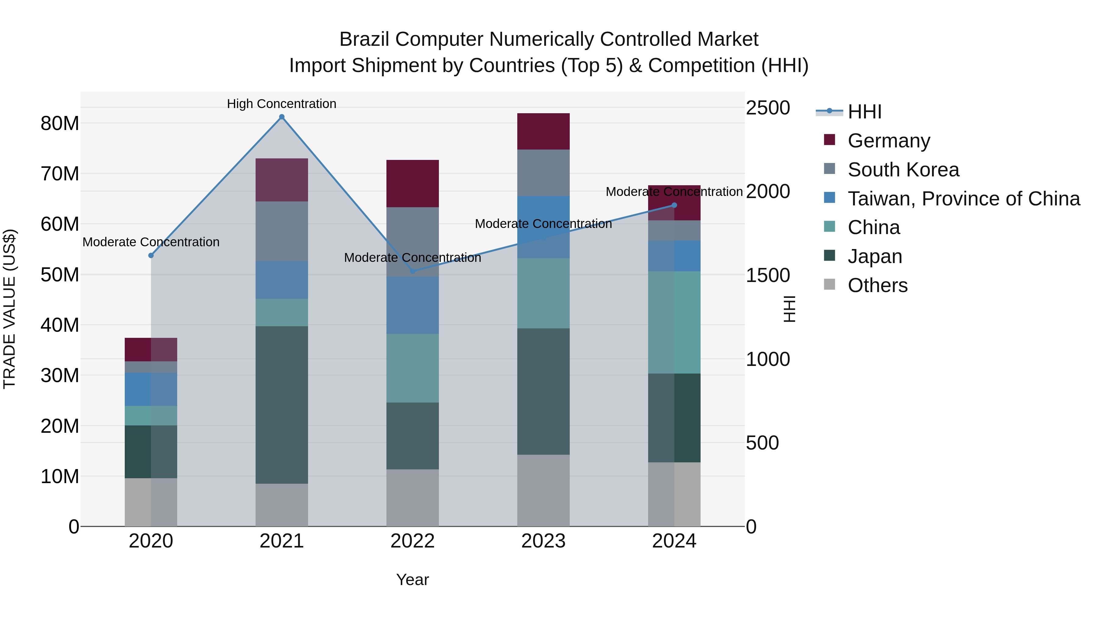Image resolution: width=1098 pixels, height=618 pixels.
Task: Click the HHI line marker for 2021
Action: coord(282,117)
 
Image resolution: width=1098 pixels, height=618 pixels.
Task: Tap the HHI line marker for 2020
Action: coord(151,255)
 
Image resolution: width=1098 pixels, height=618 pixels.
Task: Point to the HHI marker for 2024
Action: coord(674,205)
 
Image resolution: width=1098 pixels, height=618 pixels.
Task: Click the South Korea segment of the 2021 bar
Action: coord(282,231)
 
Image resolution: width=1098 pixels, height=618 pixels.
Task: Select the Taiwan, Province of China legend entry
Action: coord(963,199)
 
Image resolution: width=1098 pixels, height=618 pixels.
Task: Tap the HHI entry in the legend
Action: coord(864,112)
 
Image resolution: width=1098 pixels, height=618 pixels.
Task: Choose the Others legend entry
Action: coord(877,285)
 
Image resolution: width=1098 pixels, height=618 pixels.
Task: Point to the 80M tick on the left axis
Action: coord(60,124)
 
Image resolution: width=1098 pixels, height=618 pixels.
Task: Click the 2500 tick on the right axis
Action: coord(768,108)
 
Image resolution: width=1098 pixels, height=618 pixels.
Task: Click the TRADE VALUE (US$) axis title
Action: coord(9,309)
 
